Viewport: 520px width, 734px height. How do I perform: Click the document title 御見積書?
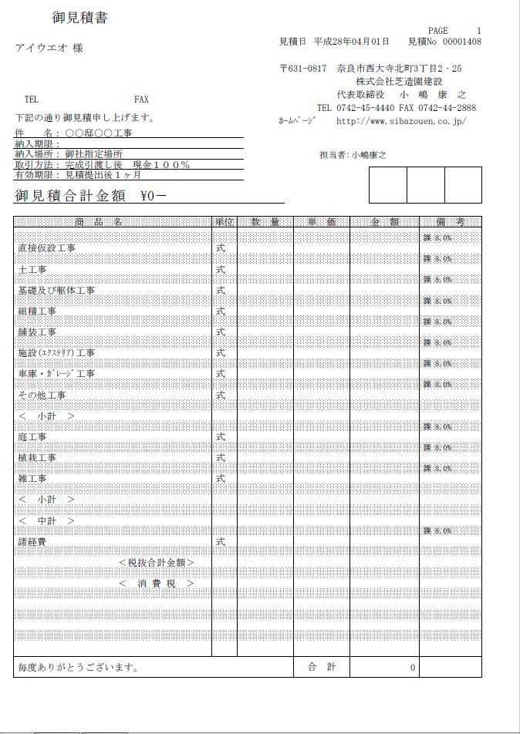click(79, 19)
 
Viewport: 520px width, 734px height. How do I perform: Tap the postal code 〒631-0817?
click(303, 69)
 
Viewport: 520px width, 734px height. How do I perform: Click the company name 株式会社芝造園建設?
click(399, 82)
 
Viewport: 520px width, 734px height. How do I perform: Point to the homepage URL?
click(401, 121)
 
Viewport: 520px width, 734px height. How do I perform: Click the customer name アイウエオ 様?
click(49, 49)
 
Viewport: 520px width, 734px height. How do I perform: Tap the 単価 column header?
click(321, 222)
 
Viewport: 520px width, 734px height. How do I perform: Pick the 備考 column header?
click(450, 222)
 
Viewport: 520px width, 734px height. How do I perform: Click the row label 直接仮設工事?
click(46, 248)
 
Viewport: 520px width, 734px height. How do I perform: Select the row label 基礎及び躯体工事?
click(56, 291)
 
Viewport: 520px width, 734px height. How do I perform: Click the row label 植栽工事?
click(37, 458)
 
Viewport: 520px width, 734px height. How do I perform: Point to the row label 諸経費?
click(32, 542)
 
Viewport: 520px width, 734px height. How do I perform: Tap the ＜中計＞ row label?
click(47, 521)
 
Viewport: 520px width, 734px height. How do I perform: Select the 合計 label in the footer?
click(322, 667)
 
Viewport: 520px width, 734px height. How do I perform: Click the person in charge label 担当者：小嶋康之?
click(353, 155)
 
